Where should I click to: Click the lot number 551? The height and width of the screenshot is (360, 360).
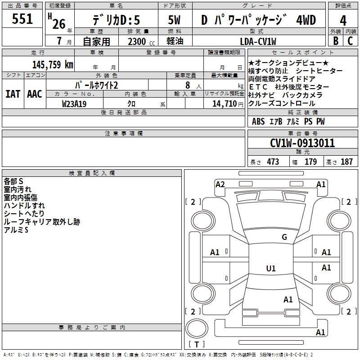[x=22, y=19]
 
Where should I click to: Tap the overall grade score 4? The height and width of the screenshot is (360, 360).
[x=343, y=21]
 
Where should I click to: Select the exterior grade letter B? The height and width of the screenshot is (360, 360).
[x=336, y=41]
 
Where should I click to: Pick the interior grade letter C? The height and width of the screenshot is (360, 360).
[x=350, y=41]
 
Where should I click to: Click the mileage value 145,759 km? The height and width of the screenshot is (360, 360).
[x=53, y=65]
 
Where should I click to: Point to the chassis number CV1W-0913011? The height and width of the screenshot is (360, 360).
[x=302, y=143]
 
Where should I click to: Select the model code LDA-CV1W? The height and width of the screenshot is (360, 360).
[x=258, y=41]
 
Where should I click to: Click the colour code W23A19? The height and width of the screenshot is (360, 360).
[x=74, y=104]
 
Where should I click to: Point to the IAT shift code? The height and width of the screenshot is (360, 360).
[x=13, y=94]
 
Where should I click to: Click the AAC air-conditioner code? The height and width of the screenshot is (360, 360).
[x=35, y=94]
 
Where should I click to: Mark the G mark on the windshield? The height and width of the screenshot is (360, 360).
[x=284, y=237]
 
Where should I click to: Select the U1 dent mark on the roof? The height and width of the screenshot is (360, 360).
[x=271, y=268]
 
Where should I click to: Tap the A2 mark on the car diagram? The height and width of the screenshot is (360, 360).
[x=220, y=184]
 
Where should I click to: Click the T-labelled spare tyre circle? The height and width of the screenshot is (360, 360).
[x=197, y=328]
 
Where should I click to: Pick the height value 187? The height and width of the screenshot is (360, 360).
[x=346, y=162]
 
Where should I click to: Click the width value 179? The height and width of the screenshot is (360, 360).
[x=310, y=162]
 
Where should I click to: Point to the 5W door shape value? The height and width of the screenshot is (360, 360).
[x=174, y=20]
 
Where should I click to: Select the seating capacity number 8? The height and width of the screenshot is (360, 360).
[x=188, y=85]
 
